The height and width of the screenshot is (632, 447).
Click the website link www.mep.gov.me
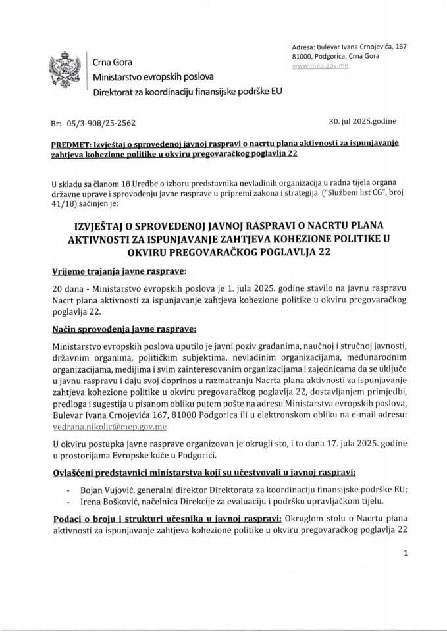click(x=320, y=66)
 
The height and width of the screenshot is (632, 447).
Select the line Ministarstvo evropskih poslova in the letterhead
click(x=147, y=76)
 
